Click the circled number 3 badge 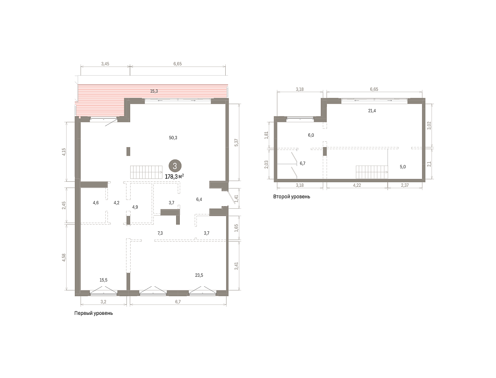click(175, 166)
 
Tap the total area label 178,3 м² click(174, 176)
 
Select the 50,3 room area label click(173, 138)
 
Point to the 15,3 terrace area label click(154, 91)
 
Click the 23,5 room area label click(199, 275)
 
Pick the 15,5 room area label click(103, 280)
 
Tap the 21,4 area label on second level click(372, 111)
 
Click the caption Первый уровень click(93, 313)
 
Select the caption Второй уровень click(291, 197)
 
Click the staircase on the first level click(146, 172)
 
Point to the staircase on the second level click(372, 172)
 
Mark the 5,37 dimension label click(236, 142)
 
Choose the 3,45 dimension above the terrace click(105, 64)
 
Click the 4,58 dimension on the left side click(64, 258)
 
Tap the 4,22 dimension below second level click(357, 185)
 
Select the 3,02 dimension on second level click(429, 126)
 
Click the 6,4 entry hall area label click(199, 200)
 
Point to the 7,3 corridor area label click(160, 233)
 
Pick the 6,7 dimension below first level click(178, 302)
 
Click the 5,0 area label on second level click(403, 167)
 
